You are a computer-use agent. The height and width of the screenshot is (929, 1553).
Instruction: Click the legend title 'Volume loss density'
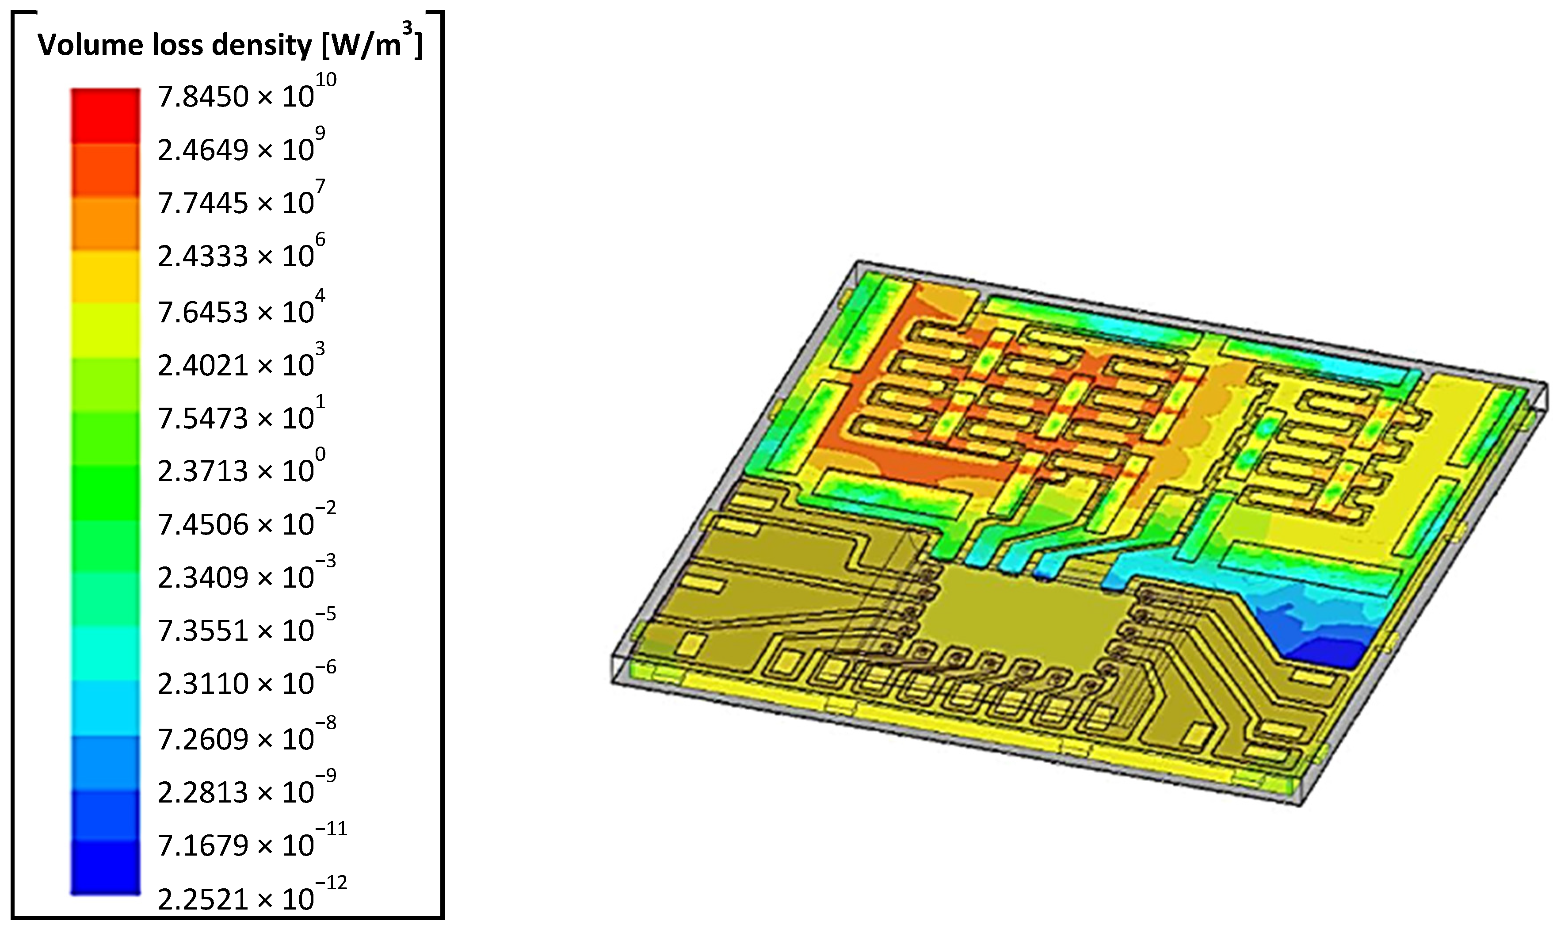click(x=175, y=45)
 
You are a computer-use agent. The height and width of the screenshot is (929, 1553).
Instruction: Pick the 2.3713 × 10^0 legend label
click(x=241, y=467)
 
